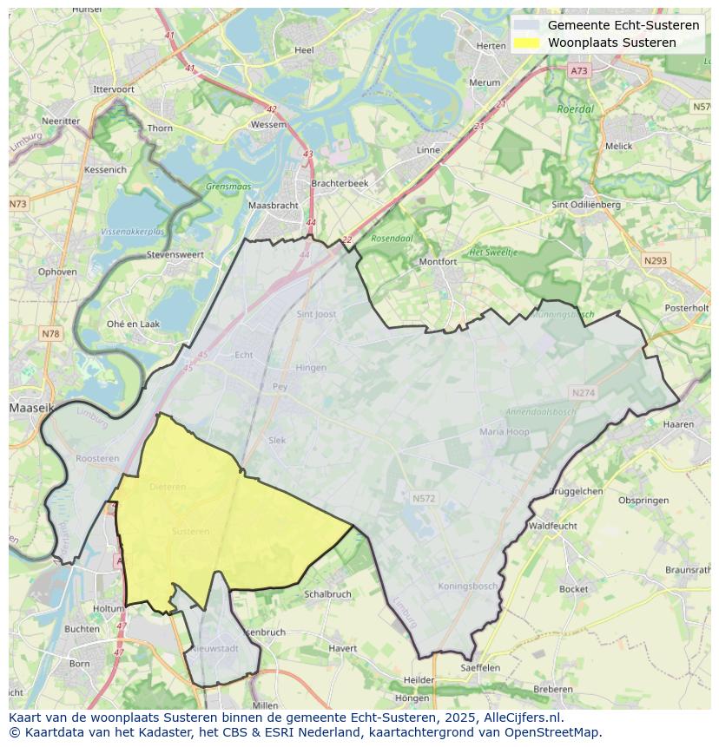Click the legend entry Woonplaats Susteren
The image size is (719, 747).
611,43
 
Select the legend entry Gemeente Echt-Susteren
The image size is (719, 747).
623,25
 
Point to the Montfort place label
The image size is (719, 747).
438,261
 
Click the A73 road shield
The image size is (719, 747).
579,70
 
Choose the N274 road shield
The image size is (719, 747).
584,393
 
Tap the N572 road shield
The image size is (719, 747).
424,499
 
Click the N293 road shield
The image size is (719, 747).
656,260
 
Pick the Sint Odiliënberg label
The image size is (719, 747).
586,205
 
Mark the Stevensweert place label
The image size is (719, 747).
175,255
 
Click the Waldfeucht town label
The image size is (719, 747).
552,526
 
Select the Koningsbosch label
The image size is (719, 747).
468,586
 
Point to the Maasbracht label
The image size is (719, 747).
274,206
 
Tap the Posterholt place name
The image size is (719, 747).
686,308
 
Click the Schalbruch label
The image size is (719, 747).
328,594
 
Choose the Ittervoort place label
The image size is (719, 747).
114,89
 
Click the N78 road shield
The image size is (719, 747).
50,334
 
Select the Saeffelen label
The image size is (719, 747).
480,668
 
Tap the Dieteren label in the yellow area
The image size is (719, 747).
168,487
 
